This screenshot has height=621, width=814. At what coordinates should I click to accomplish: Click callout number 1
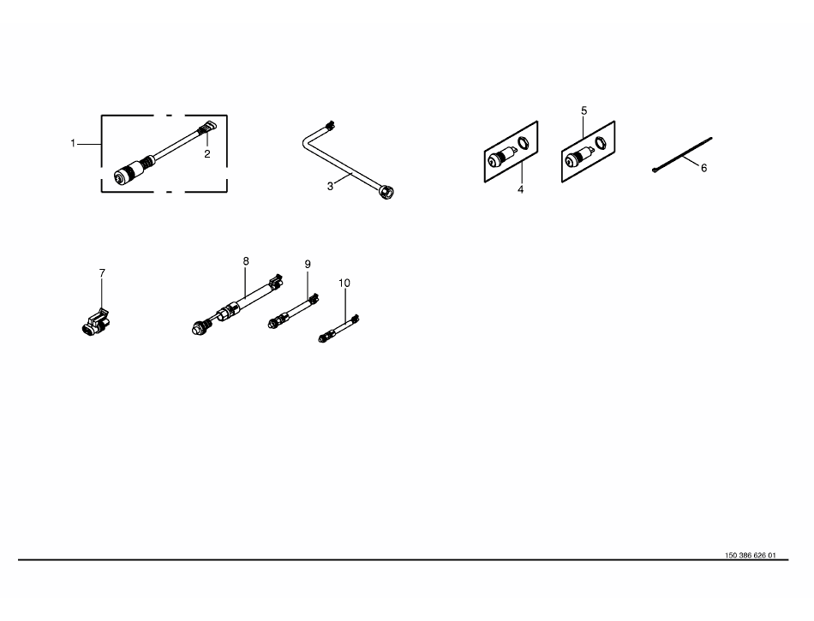coord(73,143)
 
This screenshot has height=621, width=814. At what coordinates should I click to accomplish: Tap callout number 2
coord(207,154)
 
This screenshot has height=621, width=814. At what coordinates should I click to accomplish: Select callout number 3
coord(330,186)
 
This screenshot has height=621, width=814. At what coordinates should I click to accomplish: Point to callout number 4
coord(521,190)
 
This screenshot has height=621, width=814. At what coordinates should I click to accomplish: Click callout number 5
coord(584,111)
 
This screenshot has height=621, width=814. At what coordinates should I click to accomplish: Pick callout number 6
coord(704,168)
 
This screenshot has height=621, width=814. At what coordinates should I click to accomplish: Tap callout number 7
coord(102,273)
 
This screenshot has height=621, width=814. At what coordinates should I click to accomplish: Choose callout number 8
coord(246,261)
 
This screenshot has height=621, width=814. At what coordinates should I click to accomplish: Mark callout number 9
coord(308,265)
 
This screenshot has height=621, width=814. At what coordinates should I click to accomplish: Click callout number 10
coord(344,284)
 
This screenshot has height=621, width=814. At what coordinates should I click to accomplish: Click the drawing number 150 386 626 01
coord(750,555)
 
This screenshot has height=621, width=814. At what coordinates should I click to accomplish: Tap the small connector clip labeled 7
coord(96,322)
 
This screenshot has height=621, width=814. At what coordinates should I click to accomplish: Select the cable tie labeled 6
coord(682,154)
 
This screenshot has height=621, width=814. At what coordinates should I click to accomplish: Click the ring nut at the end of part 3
coord(386,192)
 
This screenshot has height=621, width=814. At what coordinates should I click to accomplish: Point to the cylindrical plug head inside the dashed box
coord(129,171)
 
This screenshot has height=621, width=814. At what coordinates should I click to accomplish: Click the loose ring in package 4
coord(524,142)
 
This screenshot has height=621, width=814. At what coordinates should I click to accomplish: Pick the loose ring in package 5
coord(601,142)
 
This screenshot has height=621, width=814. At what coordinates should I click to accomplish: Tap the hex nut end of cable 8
coord(198,328)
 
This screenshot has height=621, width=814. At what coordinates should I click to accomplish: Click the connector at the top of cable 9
coord(313,299)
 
